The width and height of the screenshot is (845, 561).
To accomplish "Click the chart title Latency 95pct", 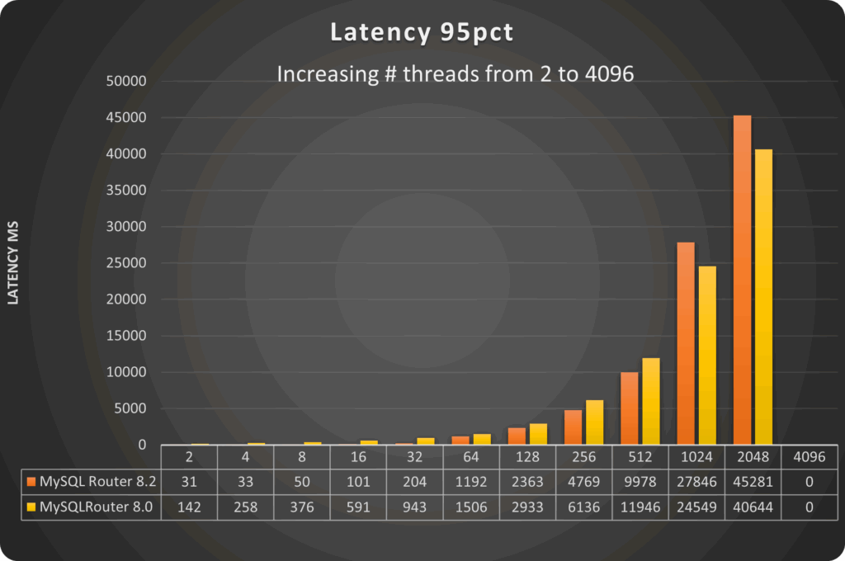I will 421,32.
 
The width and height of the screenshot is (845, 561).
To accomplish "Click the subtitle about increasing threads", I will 455,73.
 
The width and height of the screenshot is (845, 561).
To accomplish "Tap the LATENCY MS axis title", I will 13,263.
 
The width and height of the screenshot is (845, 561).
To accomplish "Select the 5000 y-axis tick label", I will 130,408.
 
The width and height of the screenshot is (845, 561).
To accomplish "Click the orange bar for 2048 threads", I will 742,280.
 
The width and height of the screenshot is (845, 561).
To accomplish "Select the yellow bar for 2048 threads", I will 762,297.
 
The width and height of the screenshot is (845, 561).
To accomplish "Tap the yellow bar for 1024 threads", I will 706,355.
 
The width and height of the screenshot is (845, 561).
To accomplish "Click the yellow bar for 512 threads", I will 650,401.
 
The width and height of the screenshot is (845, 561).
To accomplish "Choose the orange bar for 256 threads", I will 574,427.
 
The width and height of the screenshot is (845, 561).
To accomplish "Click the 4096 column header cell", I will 809,456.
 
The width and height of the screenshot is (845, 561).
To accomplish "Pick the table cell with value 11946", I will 640,507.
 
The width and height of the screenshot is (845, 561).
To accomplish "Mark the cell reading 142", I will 189,507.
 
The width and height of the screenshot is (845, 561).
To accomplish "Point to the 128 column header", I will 526,456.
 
